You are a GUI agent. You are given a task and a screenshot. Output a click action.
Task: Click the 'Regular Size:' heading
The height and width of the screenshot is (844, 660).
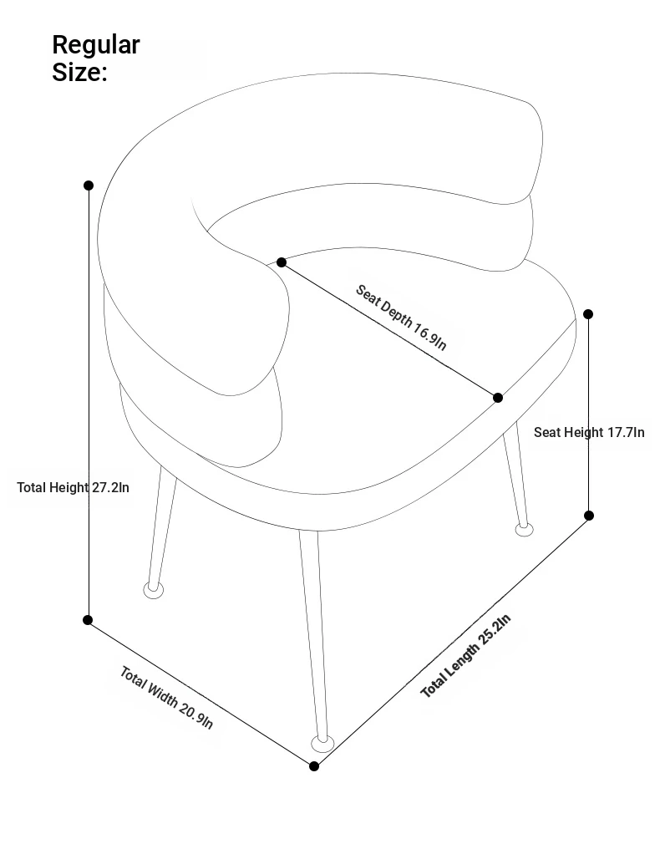[x=96, y=58]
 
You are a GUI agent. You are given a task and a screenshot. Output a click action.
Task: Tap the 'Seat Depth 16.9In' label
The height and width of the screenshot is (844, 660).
[x=401, y=317]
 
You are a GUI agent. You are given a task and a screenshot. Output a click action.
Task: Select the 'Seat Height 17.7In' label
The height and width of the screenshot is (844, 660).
[x=589, y=432]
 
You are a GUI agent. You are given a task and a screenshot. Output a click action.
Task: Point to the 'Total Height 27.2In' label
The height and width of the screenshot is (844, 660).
[x=74, y=488]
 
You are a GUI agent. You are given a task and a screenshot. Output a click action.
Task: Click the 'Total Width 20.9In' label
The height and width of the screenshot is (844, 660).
[x=166, y=698]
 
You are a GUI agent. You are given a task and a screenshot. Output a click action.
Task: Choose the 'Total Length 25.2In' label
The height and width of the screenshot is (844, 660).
[x=465, y=656]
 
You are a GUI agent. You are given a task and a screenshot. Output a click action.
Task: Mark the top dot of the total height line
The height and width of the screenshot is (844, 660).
[x=89, y=186]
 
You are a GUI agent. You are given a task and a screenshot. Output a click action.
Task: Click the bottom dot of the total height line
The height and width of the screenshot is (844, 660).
[x=88, y=620]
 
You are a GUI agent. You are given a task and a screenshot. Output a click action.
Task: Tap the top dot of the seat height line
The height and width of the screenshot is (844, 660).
[x=588, y=314]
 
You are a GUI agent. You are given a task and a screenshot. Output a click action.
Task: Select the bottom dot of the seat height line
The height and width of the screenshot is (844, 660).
[x=589, y=516]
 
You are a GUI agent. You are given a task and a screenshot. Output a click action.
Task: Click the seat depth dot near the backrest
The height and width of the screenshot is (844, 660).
[x=282, y=262]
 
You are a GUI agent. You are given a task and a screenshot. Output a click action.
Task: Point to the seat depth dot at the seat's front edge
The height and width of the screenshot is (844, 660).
[x=498, y=398]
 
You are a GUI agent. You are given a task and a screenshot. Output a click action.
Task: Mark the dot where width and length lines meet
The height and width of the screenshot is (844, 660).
[x=314, y=766]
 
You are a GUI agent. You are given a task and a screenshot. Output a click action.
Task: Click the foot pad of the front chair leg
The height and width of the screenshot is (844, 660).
[x=322, y=745]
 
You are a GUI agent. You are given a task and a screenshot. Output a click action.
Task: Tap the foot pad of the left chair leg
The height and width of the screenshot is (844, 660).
[x=154, y=590]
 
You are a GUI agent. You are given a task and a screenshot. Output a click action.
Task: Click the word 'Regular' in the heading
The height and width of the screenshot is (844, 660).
[x=96, y=46]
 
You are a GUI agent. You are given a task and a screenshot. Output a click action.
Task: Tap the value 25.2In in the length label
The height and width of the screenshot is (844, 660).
[x=495, y=628]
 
